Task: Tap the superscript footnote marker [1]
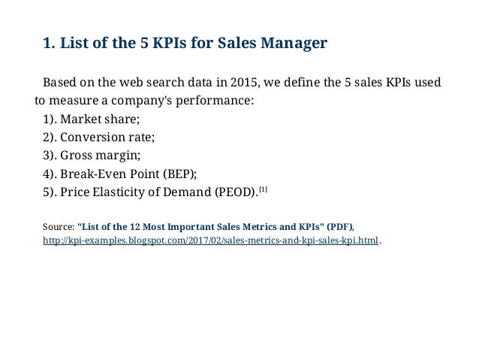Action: pyautogui.click(x=263, y=189)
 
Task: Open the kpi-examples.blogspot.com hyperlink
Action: pyautogui.click(x=211, y=241)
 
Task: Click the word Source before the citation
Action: pyautogui.click(x=57, y=225)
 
